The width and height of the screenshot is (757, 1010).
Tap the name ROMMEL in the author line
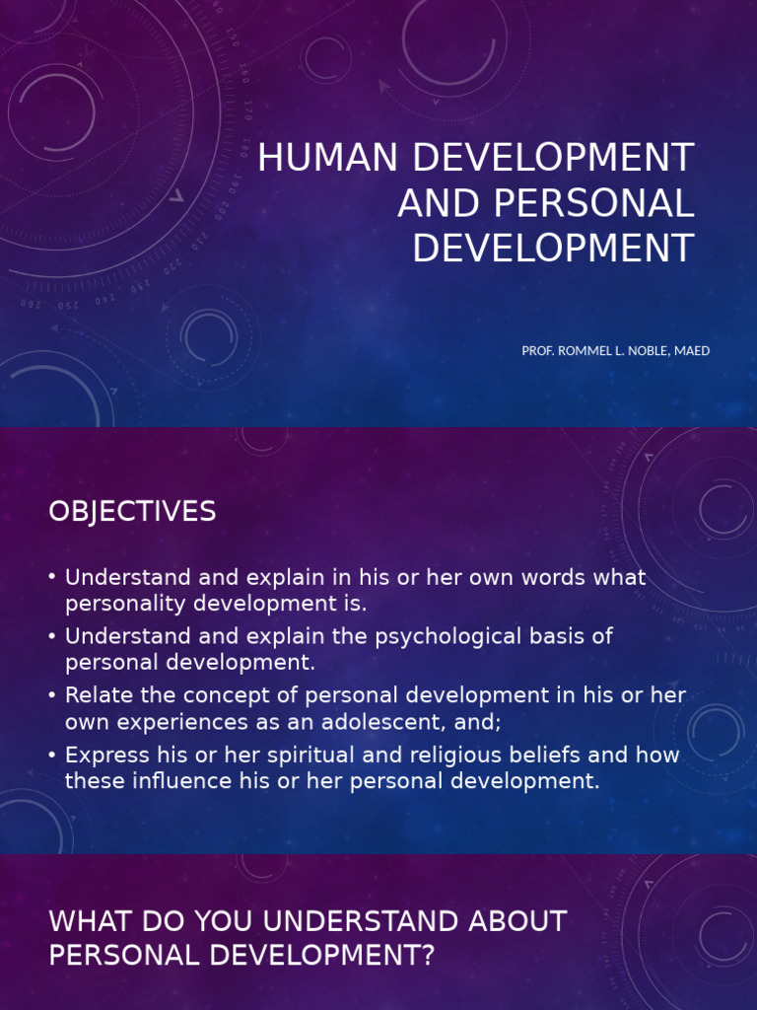pyautogui.click(x=586, y=351)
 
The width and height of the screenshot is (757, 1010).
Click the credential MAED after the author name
pyautogui.click(x=692, y=351)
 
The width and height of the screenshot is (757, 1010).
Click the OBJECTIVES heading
pyautogui.click(x=132, y=511)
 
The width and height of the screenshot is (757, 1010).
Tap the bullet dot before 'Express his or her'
pyautogui.click(x=52, y=756)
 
